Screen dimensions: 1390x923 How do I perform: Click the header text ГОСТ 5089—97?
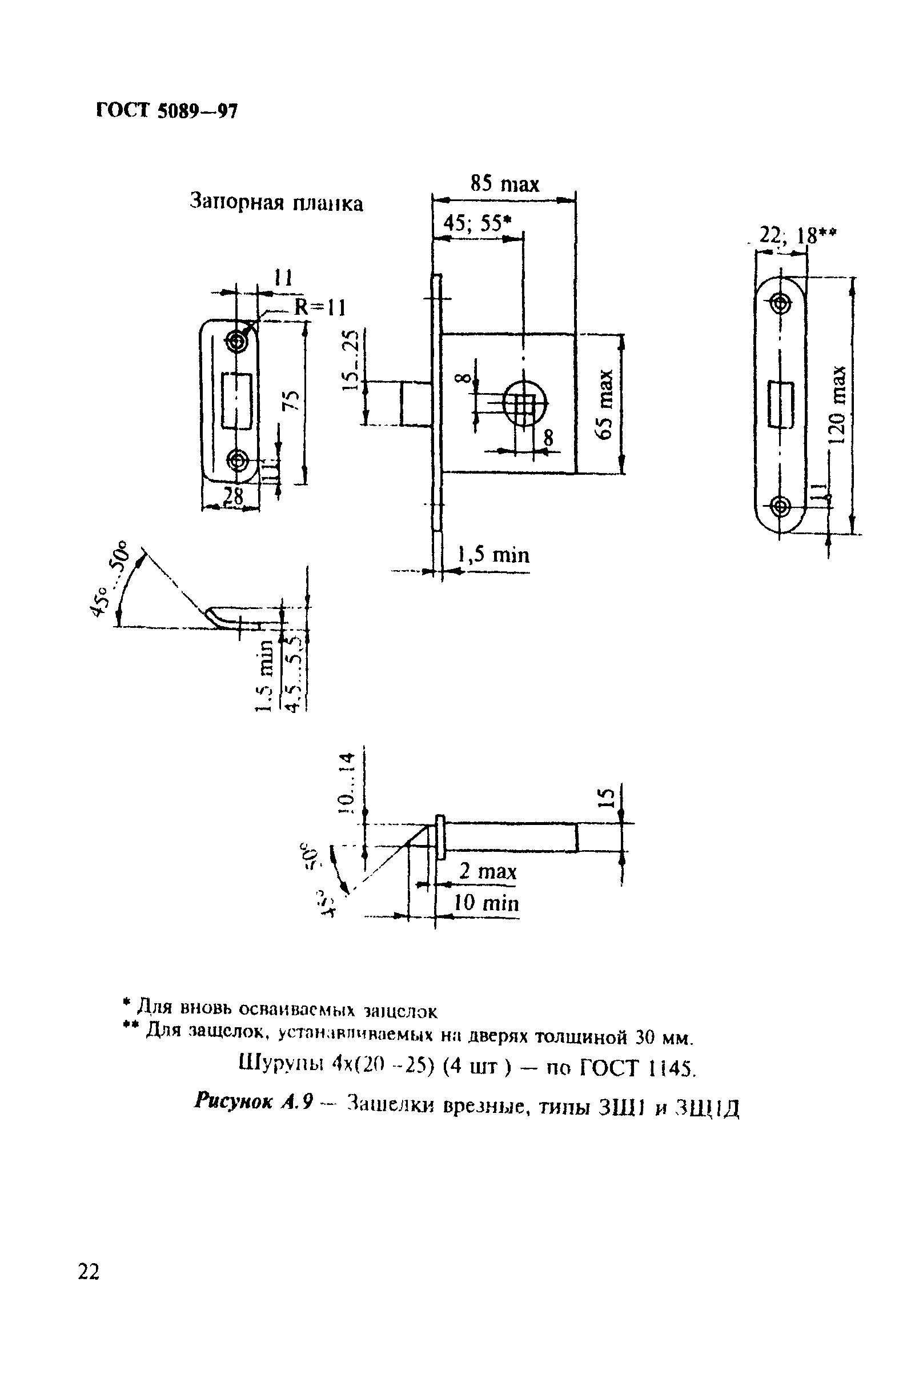(x=167, y=111)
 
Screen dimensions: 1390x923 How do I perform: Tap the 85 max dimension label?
(x=504, y=185)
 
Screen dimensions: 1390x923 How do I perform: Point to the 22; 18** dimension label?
(x=797, y=235)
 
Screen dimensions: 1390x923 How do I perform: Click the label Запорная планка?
(x=276, y=203)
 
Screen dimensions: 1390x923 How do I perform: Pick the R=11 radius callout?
(x=320, y=307)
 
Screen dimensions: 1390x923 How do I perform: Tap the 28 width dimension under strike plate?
(x=233, y=496)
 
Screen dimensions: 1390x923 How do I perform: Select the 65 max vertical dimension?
(x=605, y=404)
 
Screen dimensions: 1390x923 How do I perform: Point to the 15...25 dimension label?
(x=351, y=360)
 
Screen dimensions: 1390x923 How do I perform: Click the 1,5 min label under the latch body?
(x=494, y=555)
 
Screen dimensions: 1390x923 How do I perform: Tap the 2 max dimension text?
(x=488, y=871)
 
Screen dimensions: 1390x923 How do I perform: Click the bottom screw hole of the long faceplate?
(x=781, y=506)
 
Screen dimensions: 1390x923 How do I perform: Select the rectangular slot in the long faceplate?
(x=781, y=404)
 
